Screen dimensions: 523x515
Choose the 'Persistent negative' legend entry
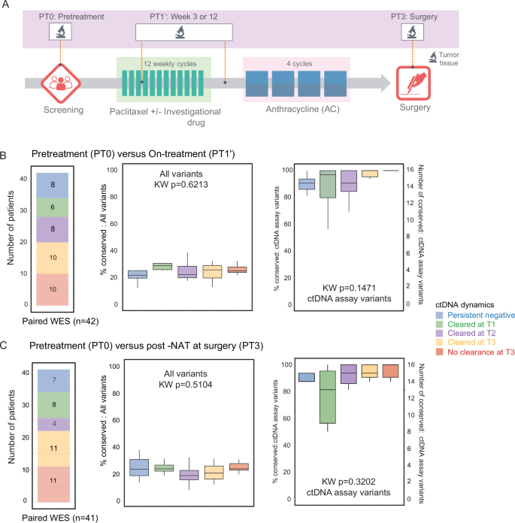coord(471,313)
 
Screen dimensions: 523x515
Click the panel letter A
coord(6,7)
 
